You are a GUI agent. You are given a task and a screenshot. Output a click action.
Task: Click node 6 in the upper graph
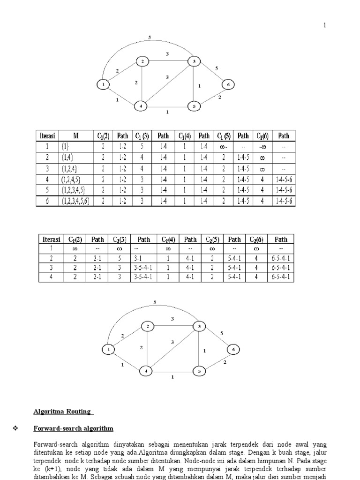tap(228, 84)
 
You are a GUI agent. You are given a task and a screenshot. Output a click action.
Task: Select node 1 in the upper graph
tap(102, 84)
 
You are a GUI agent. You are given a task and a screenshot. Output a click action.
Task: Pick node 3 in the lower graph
tap(199, 326)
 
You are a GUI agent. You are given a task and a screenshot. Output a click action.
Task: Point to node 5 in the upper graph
tap(194, 106)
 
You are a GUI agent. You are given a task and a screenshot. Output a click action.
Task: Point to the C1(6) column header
tap(261, 136)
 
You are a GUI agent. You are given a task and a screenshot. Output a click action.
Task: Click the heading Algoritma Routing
tap(63, 412)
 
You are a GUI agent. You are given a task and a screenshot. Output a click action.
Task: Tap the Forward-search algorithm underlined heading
tap(73, 428)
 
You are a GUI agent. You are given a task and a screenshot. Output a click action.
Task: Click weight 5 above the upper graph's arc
tap(149, 37)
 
